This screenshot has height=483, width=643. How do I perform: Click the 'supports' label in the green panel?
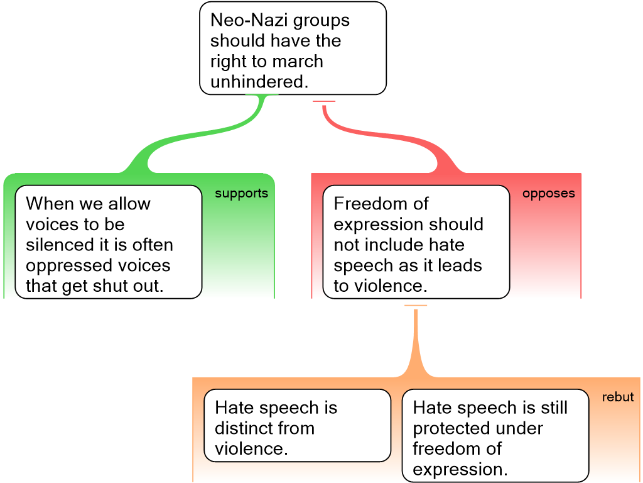point(241,194)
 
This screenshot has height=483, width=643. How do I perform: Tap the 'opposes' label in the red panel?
point(548,194)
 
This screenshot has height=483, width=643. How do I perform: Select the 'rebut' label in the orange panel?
point(618,397)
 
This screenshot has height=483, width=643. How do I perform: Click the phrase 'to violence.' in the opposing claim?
point(381,286)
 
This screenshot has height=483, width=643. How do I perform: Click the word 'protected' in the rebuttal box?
point(450,428)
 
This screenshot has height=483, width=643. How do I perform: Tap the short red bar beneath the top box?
point(324,101)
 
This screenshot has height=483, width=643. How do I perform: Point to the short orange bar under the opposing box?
point(416,306)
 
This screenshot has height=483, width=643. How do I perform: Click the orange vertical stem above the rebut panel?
point(416,340)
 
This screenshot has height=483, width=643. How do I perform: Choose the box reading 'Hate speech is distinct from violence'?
point(297,425)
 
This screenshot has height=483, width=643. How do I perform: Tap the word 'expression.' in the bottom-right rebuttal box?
point(460,469)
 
